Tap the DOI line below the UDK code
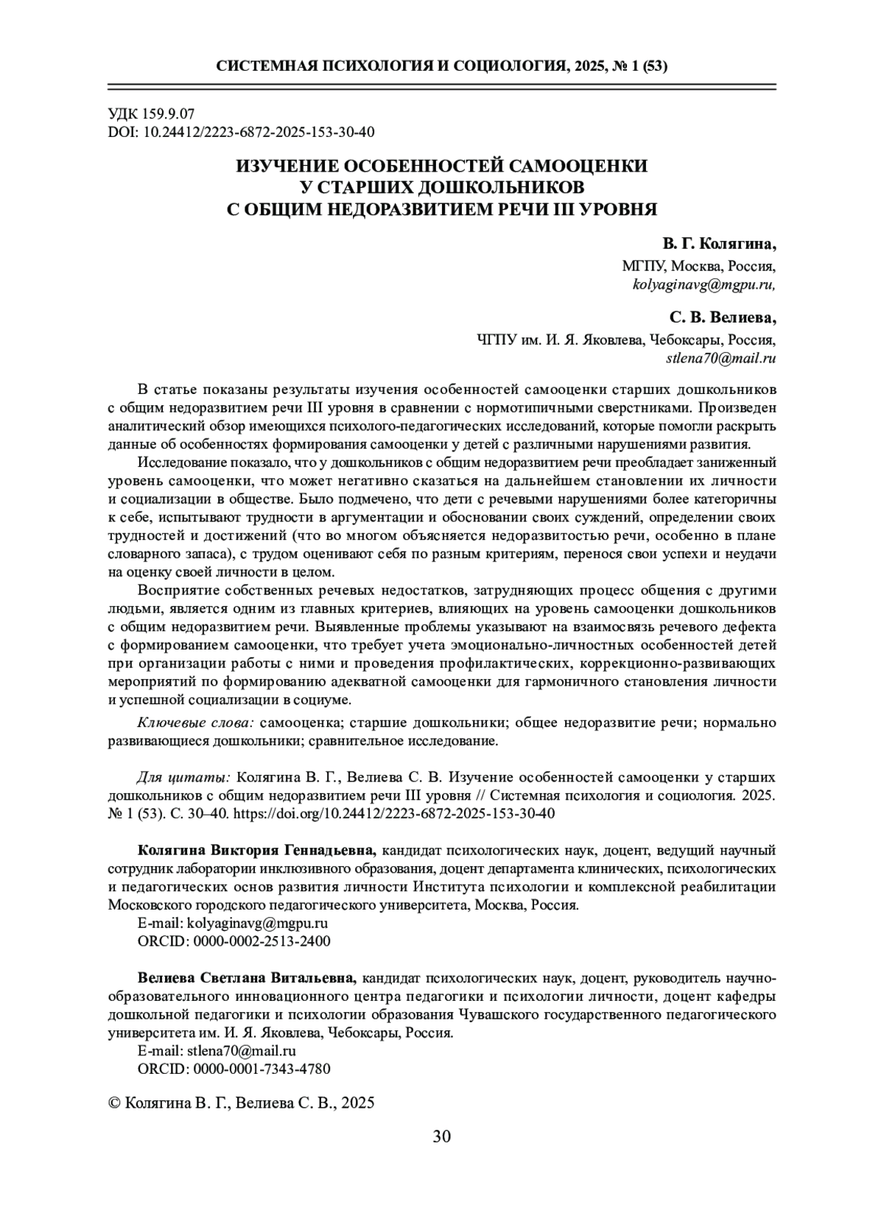click(241, 132)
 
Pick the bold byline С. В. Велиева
click(723, 318)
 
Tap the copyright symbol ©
click(114, 1103)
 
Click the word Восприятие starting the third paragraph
click(174, 591)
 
